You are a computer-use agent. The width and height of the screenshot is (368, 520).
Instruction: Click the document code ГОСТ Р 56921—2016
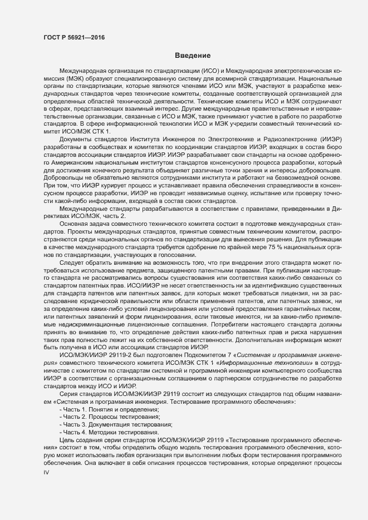point(74,38)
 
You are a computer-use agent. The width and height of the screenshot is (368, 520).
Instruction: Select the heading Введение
point(192,56)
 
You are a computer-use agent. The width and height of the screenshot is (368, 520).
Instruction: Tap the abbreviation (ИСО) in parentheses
point(215,72)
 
